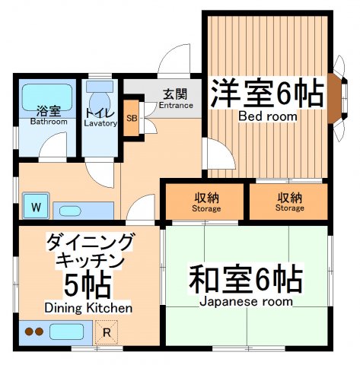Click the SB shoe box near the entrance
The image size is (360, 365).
pyautogui.click(x=132, y=119)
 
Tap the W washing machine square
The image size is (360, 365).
pyautogui.click(x=36, y=205)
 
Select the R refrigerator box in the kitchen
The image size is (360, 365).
pyautogui.click(x=106, y=332)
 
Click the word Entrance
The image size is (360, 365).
pyautogui.click(x=175, y=107)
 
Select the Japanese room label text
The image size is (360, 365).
pyautogui.click(x=245, y=301)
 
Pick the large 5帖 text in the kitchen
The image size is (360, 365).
pyautogui.click(x=88, y=285)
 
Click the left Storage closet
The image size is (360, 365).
pyautogui.click(x=205, y=202)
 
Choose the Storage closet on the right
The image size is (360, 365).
pyautogui.click(x=289, y=202)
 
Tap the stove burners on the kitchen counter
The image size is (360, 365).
pyautogui.click(x=33, y=332)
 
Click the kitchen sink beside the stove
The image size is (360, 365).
pyautogui.click(x=67, y=332)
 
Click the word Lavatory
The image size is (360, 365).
pyautogui.click(x=100, y=123)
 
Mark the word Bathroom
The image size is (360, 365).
pyautogui.click(x=46, y=122)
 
